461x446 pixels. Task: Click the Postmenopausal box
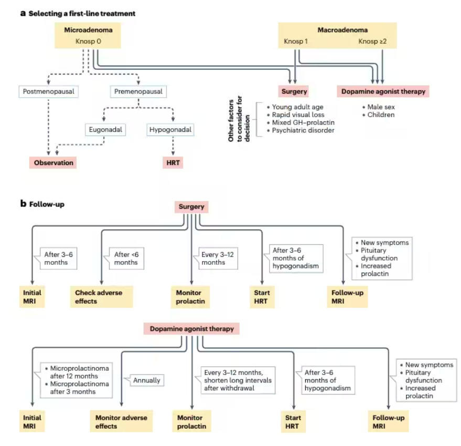(x=48, y=91)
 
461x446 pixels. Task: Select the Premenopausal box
(x=138, y=91)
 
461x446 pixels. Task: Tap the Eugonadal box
(x=105, y=130)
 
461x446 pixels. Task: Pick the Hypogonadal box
(x=170, y=130)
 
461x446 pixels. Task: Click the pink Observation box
(x=53, y=163)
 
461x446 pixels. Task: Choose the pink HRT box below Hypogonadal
(x=173, y=163)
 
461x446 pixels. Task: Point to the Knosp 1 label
(x=296, y=42)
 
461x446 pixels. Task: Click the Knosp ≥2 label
(x=372, y=42)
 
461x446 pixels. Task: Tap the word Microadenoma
(x=88, y=30)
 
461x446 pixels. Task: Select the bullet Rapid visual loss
(x=295, y=115)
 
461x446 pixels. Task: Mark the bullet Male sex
(x=378, y=107)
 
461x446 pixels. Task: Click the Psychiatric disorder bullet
(x=301, y=130)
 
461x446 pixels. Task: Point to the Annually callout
(x=146, y=380)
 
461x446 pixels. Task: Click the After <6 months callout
(x=126, y=258)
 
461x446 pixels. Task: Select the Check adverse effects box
(x=101, y=297)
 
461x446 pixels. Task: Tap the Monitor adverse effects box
(x=121, y=421)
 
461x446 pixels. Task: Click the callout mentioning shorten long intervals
(x=238, y=380)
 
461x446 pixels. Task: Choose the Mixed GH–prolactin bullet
(x=301, y=122)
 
